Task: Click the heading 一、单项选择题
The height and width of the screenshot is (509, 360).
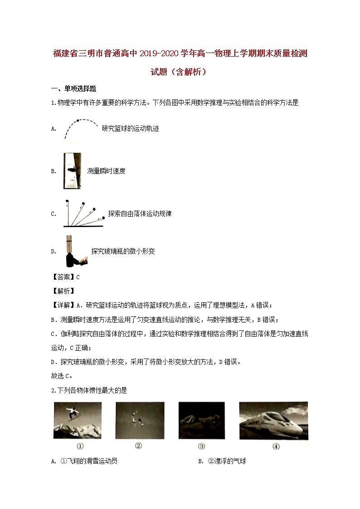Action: click(x=73, y=89)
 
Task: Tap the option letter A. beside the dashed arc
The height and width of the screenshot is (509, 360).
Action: click(x=54, y=129)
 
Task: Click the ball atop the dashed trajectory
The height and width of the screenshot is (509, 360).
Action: click(x=78, y=121)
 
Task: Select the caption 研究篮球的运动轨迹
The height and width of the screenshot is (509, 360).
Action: click(x=130, y=129)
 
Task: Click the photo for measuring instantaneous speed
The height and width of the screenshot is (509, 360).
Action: click(x=73, y=170)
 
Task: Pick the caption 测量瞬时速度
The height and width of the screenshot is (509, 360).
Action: click(x=106, y=171)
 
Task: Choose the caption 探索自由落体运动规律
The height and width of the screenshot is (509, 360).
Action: click(x=140, y=213)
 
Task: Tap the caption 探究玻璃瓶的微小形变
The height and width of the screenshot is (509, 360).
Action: click(x=123, y=251)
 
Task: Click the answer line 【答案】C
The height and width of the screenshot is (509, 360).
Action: click(x=66, y=277)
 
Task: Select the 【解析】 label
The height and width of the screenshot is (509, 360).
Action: click(x=64, y=291)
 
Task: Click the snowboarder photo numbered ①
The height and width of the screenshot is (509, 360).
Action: click(x=79, y=420)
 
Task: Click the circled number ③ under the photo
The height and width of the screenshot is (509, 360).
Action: click(x=201, y=446)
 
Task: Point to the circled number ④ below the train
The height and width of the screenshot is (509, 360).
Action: click(x=276, y=446)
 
